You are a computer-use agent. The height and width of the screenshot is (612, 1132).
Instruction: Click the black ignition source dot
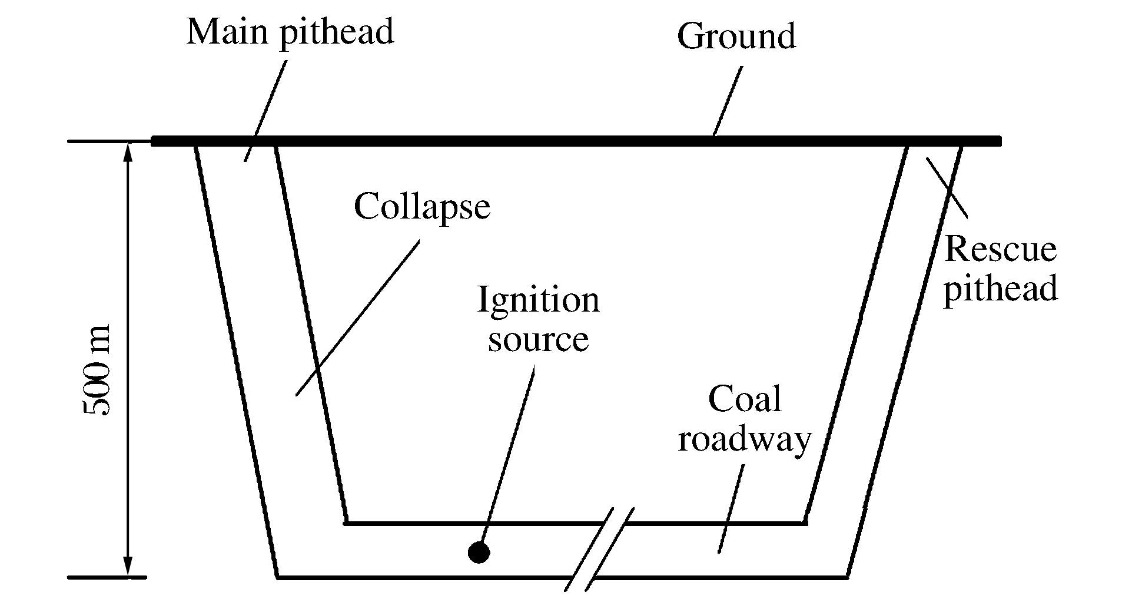pyautogui.click(x=479, y=553)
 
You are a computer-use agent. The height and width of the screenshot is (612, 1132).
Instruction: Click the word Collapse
pyautogui.click(x=421, y=207)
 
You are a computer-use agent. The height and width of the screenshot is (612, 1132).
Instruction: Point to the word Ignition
pyautogui.click(x=538, y=300)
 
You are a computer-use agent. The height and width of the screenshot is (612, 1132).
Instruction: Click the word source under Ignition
pyautogui.click(x=538, y=339)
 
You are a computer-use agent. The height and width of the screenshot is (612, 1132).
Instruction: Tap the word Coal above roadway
pyautogui.click(x=744, y=399)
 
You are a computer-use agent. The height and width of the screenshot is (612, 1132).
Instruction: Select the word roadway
pyautogui.click(x=744, y=439)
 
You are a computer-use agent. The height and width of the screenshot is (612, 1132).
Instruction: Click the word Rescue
pyautogui.click(x=1000, y=249)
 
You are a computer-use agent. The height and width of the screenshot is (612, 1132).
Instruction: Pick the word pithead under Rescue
pyautogui.click(x=1000, y=289)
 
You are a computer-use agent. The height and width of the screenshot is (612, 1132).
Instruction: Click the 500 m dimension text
pyautogui.click(x=97, y=371)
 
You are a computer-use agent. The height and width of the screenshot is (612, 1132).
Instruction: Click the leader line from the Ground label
pyautogui.click(x=728, y=100)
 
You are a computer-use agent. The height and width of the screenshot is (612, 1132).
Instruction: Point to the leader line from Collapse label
pyautogui.click(x=357, y=318)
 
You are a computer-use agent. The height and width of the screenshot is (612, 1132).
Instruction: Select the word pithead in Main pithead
pyautogui.click(x=336, y=32)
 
